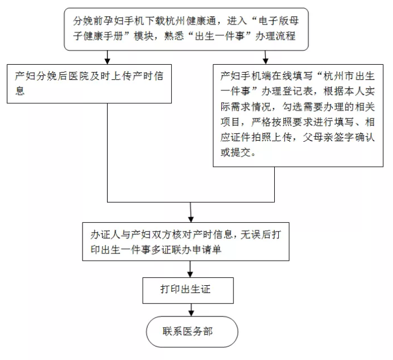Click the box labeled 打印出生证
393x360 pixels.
coord(188,290)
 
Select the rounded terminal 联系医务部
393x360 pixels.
coord(192,332)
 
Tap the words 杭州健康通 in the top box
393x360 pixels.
coord(192,21)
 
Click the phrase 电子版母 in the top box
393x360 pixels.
coord(278,21)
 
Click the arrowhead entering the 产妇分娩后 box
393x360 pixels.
coord(107,61)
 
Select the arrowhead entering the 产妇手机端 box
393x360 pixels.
coord(266,61)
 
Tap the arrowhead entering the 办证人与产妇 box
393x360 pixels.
coord(191,219)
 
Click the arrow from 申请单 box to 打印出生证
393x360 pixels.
coord(190,269)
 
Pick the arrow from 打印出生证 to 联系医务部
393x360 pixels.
coord(191,310)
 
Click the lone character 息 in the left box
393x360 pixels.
coord(20,90)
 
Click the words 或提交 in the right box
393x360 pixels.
coord(236,152)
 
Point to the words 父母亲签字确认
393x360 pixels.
coord(338,137)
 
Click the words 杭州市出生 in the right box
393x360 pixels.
coord(349,76)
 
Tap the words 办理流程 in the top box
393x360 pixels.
coord(275,36)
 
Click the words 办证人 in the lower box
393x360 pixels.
coord(105,234)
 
